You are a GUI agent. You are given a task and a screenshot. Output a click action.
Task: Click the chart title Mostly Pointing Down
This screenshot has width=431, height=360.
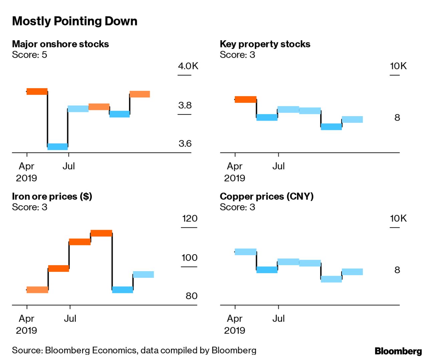(x=74, y=21)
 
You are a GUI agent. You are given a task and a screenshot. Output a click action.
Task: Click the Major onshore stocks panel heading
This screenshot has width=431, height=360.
(x=60, y=44)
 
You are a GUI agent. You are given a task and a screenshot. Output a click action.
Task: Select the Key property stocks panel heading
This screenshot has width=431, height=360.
(x=265, y=44)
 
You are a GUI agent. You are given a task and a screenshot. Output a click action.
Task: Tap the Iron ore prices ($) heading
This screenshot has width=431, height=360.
(x=52, y=196)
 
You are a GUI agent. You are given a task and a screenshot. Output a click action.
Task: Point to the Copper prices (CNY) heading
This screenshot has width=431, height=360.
(x=266, y=196)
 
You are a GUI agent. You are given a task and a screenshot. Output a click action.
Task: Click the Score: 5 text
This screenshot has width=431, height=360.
(x=29, y=55)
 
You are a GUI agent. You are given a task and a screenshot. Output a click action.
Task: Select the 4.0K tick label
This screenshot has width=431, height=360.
(x=188, y=66)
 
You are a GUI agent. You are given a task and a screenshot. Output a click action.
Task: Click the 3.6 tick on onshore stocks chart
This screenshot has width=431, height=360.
(x=185, y=144)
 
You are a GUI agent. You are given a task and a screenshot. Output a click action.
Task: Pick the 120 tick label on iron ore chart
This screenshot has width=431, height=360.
(x=190, y=218)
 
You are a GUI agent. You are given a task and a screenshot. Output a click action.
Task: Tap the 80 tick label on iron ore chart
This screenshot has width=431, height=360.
(x=191, y=296)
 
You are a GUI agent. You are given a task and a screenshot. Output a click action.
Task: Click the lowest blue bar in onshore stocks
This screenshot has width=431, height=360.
(x=57, y=147)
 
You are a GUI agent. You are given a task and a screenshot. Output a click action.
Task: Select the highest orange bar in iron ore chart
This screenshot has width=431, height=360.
(x=101, y=233)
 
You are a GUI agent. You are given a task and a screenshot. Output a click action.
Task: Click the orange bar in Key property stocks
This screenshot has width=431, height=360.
(x=245, y=99)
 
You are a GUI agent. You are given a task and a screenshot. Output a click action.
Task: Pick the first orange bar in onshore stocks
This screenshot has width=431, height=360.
(x=37, y=92)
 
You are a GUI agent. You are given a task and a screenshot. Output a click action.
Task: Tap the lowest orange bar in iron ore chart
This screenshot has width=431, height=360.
(x=37, y=290)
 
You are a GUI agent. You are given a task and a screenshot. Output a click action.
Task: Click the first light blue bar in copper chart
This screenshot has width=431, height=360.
(x=245, y=252)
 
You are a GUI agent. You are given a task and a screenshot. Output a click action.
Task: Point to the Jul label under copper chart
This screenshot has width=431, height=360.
(x=278, y=319)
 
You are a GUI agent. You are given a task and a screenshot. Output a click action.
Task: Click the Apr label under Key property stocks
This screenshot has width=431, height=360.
(x=235, y=166)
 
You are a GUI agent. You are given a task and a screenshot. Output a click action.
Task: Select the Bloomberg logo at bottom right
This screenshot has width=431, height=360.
(x=398, y=351)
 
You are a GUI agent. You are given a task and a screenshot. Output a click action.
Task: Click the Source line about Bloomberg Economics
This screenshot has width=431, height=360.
(x=134, y=350)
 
